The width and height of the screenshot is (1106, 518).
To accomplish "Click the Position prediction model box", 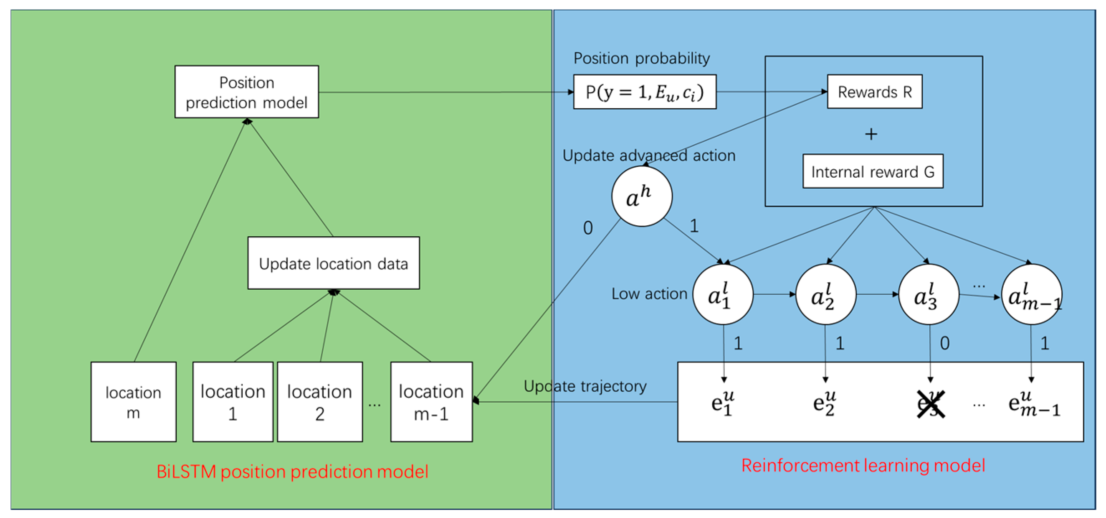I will point(246,92).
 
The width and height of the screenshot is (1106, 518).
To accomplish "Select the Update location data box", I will point(333,263).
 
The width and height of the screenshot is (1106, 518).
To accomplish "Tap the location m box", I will point(133,401).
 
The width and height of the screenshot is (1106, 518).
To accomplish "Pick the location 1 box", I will point(233,401).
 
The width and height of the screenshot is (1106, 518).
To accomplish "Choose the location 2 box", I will point(319,401).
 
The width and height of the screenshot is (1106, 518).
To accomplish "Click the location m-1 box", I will point(431,401).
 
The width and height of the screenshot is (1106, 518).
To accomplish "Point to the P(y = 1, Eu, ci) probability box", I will point(645,92).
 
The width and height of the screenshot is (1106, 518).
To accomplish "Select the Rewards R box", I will point(874,92).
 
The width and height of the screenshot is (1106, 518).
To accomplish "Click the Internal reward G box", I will point(873,171).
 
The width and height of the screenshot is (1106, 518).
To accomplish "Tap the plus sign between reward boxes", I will point(871,134).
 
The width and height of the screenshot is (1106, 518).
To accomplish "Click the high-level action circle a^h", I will point(641,196).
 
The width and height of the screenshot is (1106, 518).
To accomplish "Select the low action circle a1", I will point(723,294).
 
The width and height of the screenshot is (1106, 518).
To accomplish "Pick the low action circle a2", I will point(825,294).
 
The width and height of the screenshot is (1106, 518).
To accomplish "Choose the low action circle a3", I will point(928,294).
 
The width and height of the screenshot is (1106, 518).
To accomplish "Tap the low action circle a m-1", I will point(1031,294).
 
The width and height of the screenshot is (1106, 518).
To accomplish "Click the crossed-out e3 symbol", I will point(930,404).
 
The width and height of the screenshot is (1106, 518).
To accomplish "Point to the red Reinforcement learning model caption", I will point(863,465).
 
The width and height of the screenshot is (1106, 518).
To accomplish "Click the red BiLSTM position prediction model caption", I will point(292,471).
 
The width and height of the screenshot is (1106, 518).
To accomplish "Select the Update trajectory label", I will point(585,385).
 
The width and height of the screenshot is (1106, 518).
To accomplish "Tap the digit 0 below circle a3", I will point(944,343).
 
